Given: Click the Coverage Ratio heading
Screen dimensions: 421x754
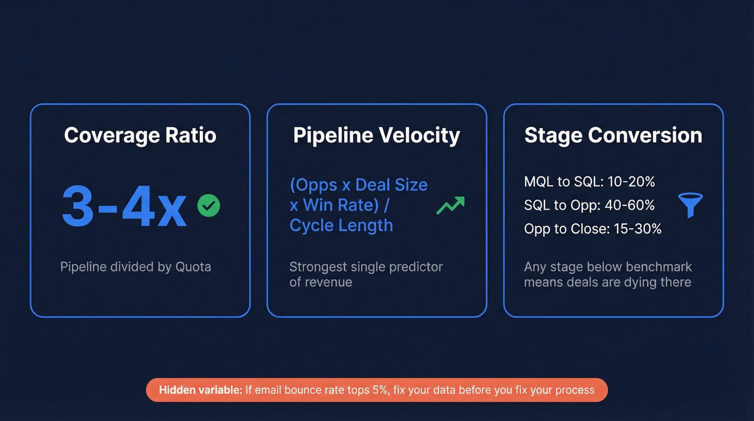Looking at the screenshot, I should click(140, 135).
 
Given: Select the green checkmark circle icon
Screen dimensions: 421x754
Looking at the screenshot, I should click(208, 206).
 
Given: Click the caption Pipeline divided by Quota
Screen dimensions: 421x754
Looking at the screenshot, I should click(135, 267).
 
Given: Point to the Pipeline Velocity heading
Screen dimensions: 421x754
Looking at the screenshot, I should click(376, 135).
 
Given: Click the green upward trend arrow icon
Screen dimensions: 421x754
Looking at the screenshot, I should click(450, 205).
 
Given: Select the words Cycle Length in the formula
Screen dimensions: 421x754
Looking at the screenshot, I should click(341, 225).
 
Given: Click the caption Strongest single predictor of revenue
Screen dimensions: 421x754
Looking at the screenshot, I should click(366, 274).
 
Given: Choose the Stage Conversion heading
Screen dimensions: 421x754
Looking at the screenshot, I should click(613, 135).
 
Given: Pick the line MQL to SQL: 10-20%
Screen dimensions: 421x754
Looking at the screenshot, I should click(589, 182).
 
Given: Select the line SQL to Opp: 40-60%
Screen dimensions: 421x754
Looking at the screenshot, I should click(589, 205).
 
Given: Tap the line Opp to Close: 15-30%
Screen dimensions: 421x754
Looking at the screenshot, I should click(592, 229).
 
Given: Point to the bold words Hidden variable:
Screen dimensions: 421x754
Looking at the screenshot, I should click(200, 390).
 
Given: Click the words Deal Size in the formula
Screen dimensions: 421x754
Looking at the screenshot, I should click(392, 185).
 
